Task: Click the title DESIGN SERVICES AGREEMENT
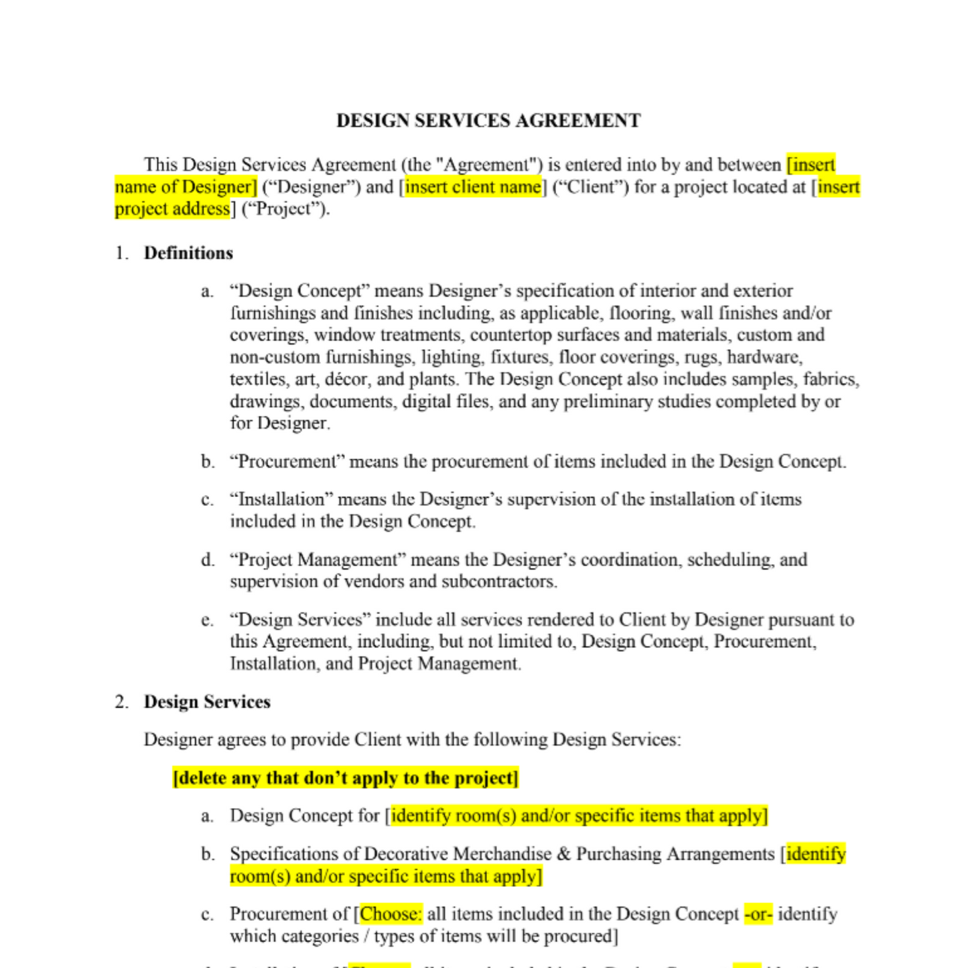coord(488,121)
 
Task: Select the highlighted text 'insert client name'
coord(473,187)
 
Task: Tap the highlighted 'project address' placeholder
coord(172,209)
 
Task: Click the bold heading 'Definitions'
coord(188,253)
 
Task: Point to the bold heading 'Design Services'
coord(207,702)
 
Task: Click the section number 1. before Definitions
coord(121,253)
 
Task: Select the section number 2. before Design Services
coord(121,702)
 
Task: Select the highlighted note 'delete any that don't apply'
coord(345,778)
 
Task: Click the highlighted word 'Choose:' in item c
coord(391,914)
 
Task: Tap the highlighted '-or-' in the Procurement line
coord(758,914)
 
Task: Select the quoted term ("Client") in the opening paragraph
coord(590,187)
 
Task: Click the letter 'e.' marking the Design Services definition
coord(208,620)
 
